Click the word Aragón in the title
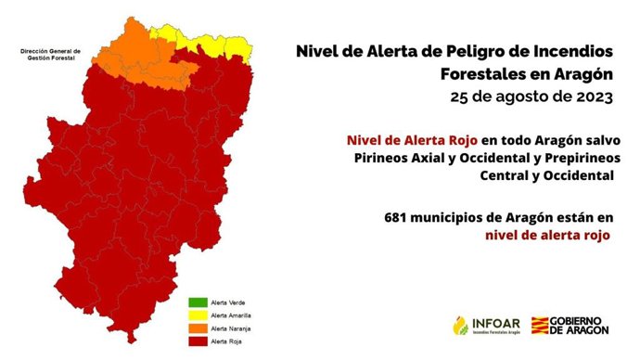tap(581, 73)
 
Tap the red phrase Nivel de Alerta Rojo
tap(413, 139)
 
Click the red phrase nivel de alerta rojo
tap(546, 236)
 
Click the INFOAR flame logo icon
tap(461, 326)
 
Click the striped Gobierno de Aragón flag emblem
tap(541, 326)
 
